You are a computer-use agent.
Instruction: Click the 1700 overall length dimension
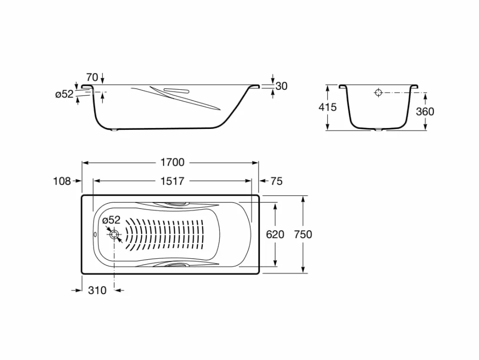click(x=173, y=162)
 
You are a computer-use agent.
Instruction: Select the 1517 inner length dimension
click(x=173, y=181)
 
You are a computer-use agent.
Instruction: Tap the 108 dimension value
click(x=62, y=181)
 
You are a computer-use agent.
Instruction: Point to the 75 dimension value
click(x=276, y=181)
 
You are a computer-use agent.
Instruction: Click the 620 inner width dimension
click(x=275, y=234)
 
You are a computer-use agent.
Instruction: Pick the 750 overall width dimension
click(x=303, y=234)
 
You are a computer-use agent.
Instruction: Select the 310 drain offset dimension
click(x=97, y=290)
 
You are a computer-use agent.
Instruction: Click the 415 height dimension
click(x=327, y=107)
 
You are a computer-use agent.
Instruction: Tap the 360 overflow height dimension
click(x=425, y=112)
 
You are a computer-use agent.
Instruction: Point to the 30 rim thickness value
click(x=281, y=86)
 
